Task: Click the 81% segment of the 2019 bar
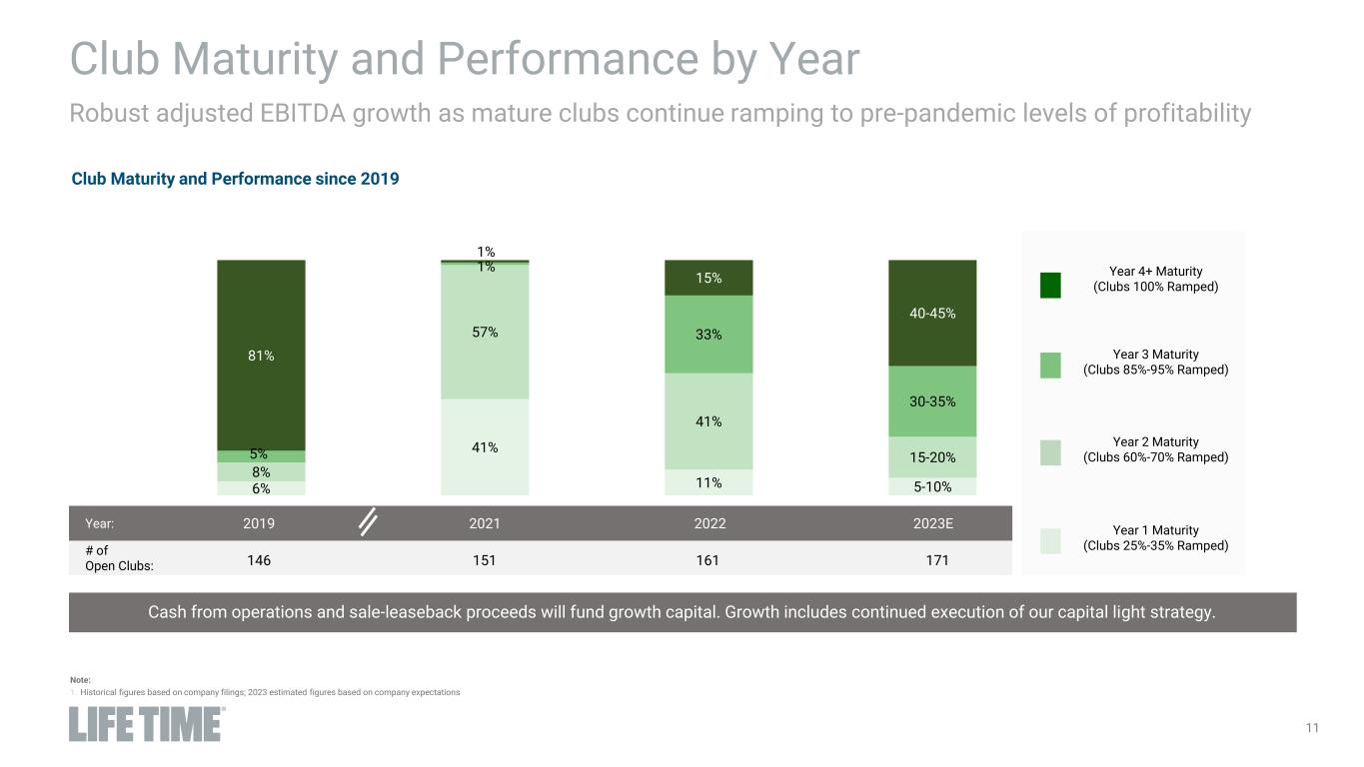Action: point(261,356)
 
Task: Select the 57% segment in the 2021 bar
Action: point(485,333)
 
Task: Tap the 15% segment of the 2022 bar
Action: point(708,278)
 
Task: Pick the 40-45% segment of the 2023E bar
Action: point(932,314)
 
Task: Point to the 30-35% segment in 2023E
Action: point(932,401)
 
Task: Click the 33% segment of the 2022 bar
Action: point(708,335)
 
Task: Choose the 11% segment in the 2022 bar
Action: point(708,482)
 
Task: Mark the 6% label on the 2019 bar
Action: point(261,488)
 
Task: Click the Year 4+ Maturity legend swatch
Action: point(1050,285)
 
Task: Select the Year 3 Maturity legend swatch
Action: point(1050,366)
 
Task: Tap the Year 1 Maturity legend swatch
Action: point(1050,540)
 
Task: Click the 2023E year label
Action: point(932,523)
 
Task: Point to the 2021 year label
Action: point(485,523)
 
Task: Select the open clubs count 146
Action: point(260,560)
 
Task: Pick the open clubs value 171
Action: point(932,560)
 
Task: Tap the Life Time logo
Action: point(146,724)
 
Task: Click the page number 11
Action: point(1312,728)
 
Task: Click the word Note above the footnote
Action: point(80,680)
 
